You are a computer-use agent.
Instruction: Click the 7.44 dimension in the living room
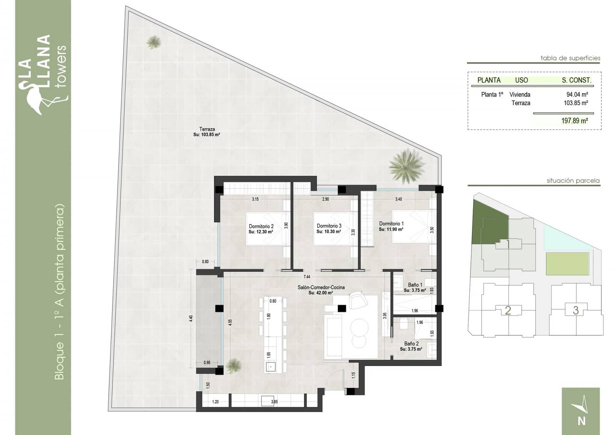pos(306,276)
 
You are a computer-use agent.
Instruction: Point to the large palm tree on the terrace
pos(406,166)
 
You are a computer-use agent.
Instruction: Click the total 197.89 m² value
pos(574,121)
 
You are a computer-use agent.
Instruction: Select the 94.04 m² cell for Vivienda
pos(577,94)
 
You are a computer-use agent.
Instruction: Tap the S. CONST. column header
pos(576,80)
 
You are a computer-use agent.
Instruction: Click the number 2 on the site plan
pos(508,310)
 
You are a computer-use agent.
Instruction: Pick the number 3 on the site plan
pos(576,310)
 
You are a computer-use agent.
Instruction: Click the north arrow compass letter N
pos(581,421)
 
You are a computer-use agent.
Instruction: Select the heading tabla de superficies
pos(570,58)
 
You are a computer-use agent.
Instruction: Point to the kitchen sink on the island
pos(271,367)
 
